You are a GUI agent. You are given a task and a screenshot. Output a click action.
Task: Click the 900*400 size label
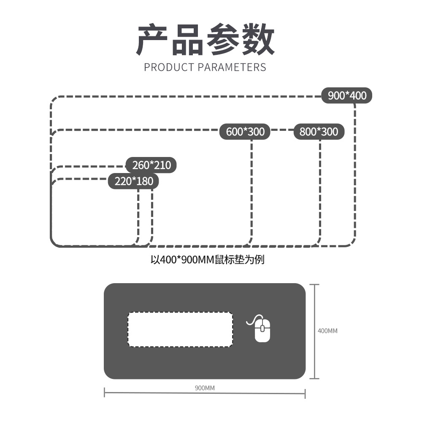click(347, 96)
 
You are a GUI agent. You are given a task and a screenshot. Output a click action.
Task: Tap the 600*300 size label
click(245, 132)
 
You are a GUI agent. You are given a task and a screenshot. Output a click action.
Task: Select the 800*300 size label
click(319, 132)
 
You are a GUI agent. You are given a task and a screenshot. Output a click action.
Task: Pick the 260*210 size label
click(151, 165)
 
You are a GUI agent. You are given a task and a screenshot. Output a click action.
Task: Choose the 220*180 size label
click(134, 181)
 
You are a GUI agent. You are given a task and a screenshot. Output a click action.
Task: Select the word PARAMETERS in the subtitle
click(232, 67)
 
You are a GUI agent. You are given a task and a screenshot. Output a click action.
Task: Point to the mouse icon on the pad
click(262, 329)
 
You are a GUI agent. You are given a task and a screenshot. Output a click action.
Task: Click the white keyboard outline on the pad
click(180, 329)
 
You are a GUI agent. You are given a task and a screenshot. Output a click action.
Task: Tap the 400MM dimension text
click(327, 331)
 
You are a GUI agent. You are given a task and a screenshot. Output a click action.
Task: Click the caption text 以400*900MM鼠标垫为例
click(207, 259)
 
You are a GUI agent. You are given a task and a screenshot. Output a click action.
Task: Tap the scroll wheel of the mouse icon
click(262, 327)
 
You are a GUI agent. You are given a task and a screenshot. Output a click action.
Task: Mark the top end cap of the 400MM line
click(314, 285)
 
